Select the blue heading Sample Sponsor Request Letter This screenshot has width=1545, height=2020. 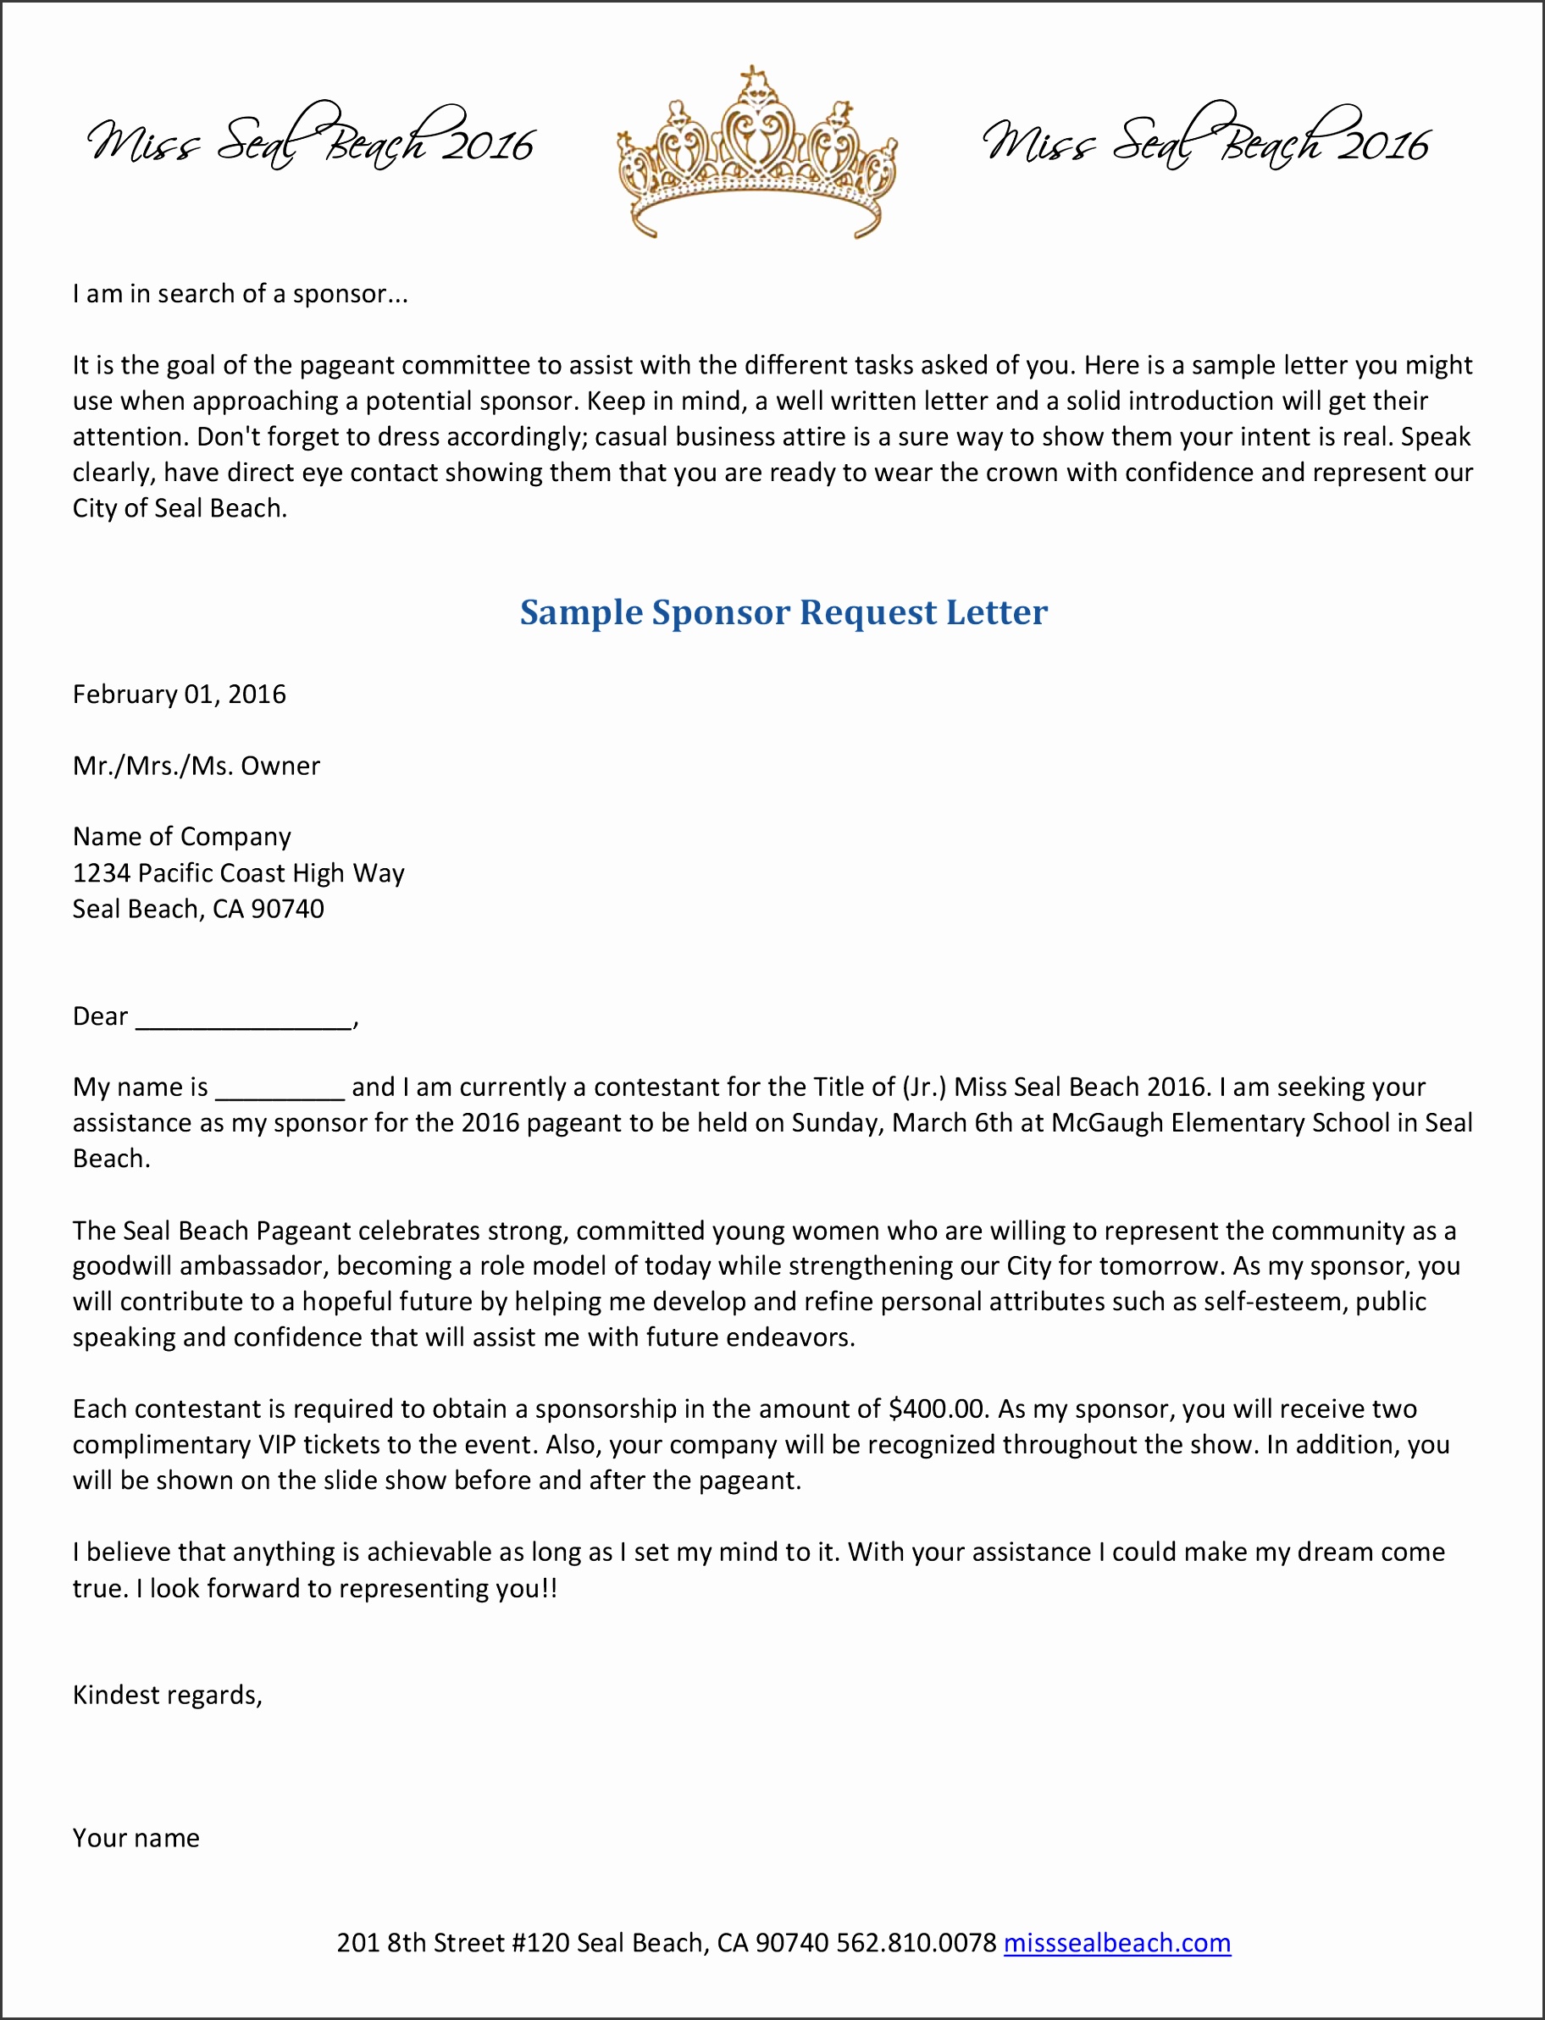[x=784, y=612]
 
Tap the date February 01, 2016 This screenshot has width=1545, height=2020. [x=180, y=695]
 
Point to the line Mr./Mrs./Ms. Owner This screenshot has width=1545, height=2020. [x=196, y=766]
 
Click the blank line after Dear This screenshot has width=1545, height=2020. [x=245, y=1017]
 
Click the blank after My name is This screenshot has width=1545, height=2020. [x=280, y=1087]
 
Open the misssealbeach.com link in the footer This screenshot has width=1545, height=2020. [x=1116, y=1943]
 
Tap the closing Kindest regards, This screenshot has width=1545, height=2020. [x=168, y=1696]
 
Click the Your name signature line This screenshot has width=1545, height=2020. [x=136, y=1838]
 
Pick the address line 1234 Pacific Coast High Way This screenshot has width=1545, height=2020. [x=238, y=873]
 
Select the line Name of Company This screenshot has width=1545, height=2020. [x=182, y=837]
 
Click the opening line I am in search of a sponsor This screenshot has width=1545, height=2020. [x=239, y=294]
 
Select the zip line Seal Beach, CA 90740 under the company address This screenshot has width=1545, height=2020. [x=199, y=910]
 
